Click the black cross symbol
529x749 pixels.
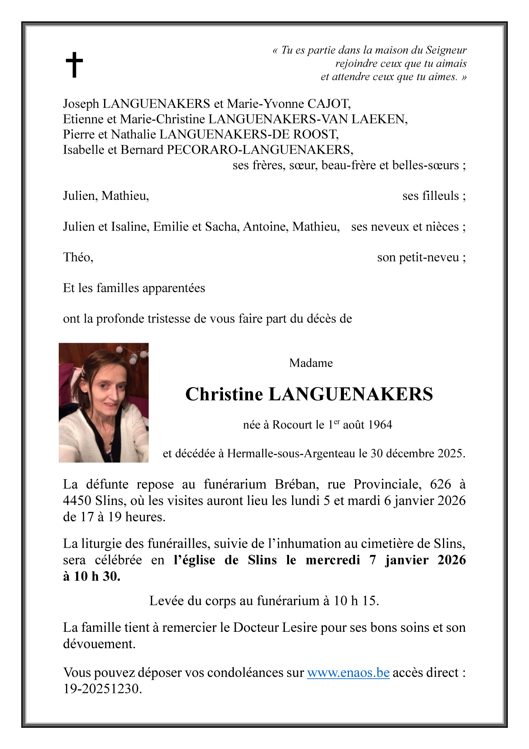(74, 65)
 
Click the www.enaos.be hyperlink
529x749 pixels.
(348, 672)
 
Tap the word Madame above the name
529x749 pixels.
(311, 363)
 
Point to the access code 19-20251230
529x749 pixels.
(102, 689)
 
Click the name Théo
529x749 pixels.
(78, 257)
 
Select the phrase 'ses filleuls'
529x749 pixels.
(430, 196)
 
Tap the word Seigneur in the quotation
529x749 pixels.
(446, 50)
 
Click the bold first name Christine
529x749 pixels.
(224, 394)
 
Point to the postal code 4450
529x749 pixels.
(77, 501)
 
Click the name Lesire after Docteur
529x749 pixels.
(299, 628)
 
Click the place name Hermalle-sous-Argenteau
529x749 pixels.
(291, 454)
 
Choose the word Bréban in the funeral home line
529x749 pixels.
(296, 484)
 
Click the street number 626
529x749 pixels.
(440, 484)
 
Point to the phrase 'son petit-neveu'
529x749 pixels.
(418, 257)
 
